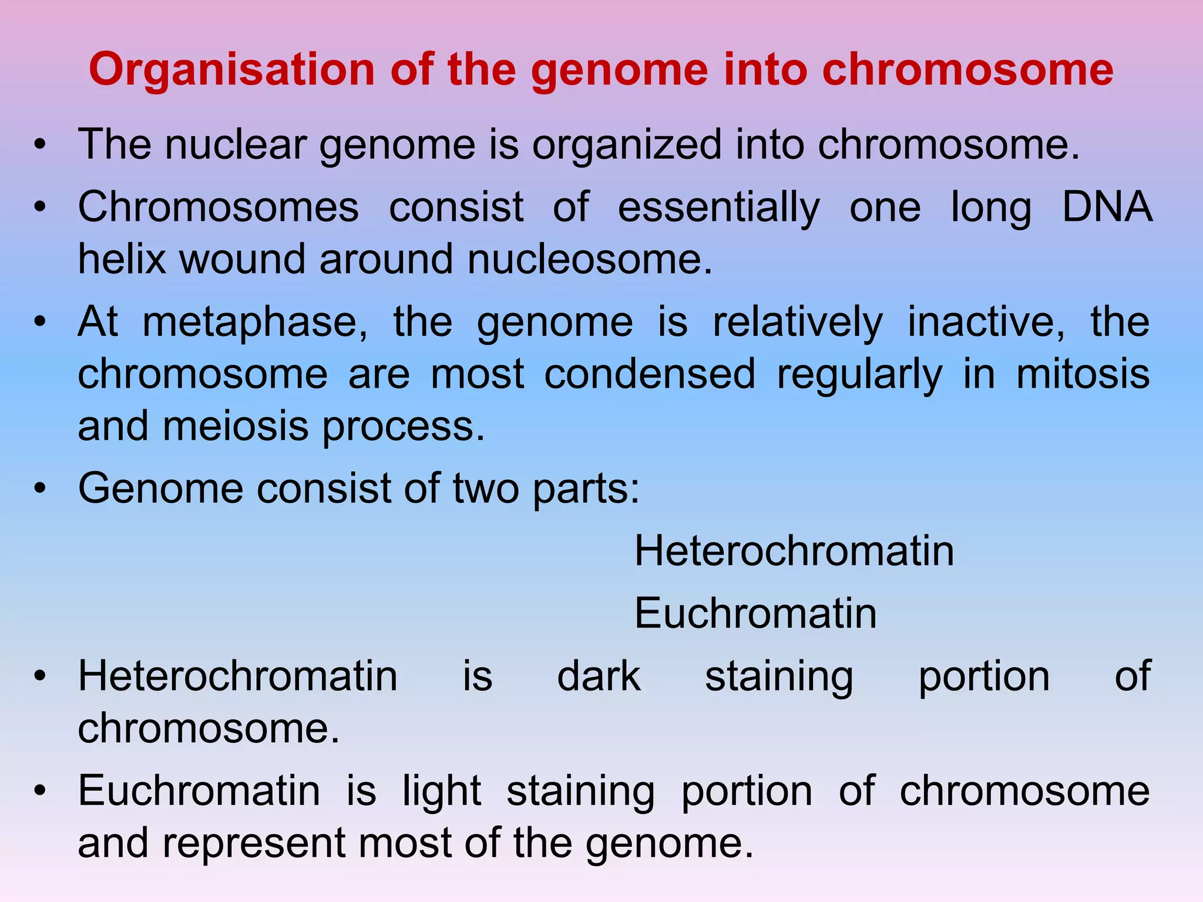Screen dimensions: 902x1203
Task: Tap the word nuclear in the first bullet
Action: point(236,144)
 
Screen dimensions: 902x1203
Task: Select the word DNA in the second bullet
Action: point(1107,207)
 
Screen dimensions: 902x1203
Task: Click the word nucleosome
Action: point(589,259)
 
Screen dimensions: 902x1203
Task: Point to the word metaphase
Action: point(255,323)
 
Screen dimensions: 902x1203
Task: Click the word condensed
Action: point(650,374)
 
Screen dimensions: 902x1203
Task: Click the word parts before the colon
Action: point(585,489)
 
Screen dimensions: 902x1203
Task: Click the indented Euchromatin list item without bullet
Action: point(755,614)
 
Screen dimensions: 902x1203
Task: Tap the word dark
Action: point(599,676)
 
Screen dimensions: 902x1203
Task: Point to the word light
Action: point(442,791)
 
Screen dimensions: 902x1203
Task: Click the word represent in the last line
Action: point(253,843)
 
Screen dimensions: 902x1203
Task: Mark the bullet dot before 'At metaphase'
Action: point(39,322)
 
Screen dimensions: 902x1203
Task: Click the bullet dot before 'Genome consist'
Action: point(39,489)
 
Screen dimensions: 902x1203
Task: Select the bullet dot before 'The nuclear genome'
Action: point(39,144)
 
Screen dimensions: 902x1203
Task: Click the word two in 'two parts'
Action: point(485,489)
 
